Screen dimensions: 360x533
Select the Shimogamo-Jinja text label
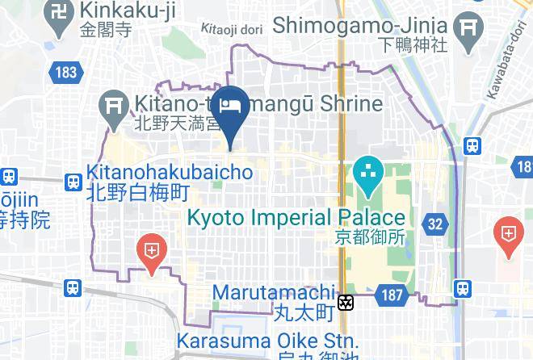coord(361,25)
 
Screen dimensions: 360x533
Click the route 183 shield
coord(66,73)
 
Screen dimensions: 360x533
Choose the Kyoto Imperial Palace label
coord(296,217)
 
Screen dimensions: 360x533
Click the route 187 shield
coord(392,295)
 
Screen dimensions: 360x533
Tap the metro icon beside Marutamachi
coord(346,303)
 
